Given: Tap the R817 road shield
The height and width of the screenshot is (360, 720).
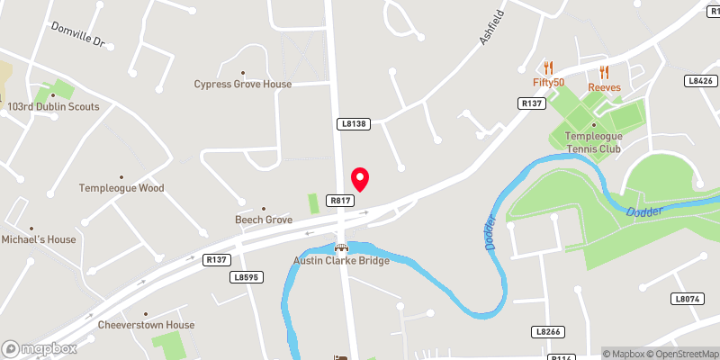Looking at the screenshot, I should pos(339,201).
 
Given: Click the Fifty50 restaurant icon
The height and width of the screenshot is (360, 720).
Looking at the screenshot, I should pos(547,67).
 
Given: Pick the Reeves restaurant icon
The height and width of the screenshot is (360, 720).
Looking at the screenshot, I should pos(604,72).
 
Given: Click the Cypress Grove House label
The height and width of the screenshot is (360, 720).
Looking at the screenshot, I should pos(243,84).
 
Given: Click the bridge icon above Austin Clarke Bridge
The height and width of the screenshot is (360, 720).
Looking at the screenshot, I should pos(340,247).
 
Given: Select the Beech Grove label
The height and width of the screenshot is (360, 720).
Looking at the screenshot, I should pos(264,220).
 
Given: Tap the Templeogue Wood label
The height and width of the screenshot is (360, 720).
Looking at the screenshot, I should pos(121,188).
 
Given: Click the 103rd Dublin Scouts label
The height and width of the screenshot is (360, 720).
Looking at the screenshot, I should pos(52,106).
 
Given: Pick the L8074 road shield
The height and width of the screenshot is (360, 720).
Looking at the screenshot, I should pos(687,298).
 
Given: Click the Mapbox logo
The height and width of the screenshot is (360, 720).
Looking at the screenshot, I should pos(39,348).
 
